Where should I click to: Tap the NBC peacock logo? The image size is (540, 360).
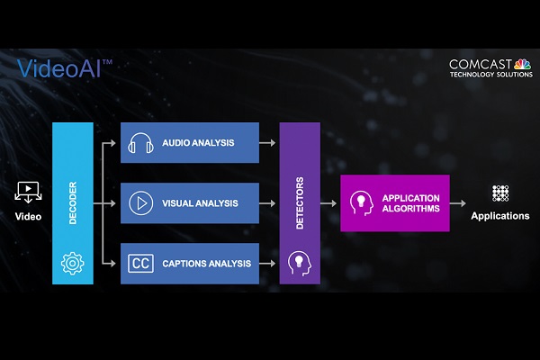point(522,64)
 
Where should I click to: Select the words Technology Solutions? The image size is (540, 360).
point(491,74)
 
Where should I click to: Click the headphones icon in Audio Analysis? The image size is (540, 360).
point(141,143)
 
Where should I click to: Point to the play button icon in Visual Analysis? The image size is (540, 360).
point(141,203)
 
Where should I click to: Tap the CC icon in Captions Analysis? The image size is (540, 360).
point(141,264)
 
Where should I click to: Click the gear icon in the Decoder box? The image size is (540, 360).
point(72,263)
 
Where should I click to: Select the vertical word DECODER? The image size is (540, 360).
point(73,202)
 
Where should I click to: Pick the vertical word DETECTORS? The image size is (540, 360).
point(300,202)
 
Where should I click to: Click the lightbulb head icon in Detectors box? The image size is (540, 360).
point(300,264)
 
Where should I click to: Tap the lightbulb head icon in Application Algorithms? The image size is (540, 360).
point(361,203)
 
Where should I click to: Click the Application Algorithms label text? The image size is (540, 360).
point(411,203)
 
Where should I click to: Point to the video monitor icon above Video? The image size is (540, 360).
point(28,193)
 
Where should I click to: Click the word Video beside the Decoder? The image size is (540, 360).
point(28,216)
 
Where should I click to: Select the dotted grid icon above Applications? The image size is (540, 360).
point(500,193)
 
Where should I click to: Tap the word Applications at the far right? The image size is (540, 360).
point(500,216)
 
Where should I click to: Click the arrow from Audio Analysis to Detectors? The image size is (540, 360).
point(267,142)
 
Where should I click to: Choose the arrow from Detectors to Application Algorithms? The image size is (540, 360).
point(328,203)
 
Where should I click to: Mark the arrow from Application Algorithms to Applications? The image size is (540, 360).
point(458,203)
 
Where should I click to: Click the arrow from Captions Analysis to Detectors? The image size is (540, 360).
point(267,264)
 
